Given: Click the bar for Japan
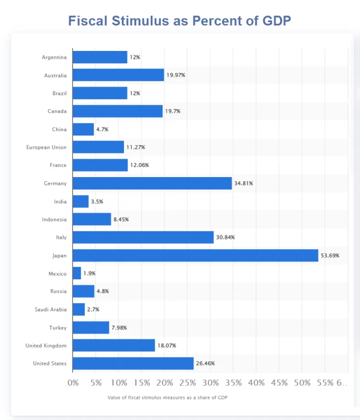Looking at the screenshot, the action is point(195,255).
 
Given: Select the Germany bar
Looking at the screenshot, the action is point(152,183).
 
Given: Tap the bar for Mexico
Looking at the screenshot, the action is point(77,273).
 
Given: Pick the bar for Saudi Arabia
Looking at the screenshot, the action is point(79,309).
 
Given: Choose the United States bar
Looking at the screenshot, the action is point(133,363).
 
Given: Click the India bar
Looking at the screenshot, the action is point(81,201).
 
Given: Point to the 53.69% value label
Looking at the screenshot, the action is point(330,255).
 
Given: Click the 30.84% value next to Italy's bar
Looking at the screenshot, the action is point(225,237).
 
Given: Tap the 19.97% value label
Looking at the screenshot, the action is point(176,75).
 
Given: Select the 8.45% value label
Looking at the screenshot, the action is point(121,219).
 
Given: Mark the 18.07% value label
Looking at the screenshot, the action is point(167,345).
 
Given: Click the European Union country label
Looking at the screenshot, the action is point(46,147).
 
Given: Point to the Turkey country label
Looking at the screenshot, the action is point(58,327).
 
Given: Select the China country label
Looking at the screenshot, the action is point(60,129).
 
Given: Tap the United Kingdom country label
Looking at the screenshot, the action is point(46,345).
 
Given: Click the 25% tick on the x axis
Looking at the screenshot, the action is point(187,383).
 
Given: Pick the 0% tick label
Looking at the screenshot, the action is point(73,383).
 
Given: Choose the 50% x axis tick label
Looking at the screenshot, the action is point(302,383).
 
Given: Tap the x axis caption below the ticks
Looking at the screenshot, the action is point(168,397).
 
